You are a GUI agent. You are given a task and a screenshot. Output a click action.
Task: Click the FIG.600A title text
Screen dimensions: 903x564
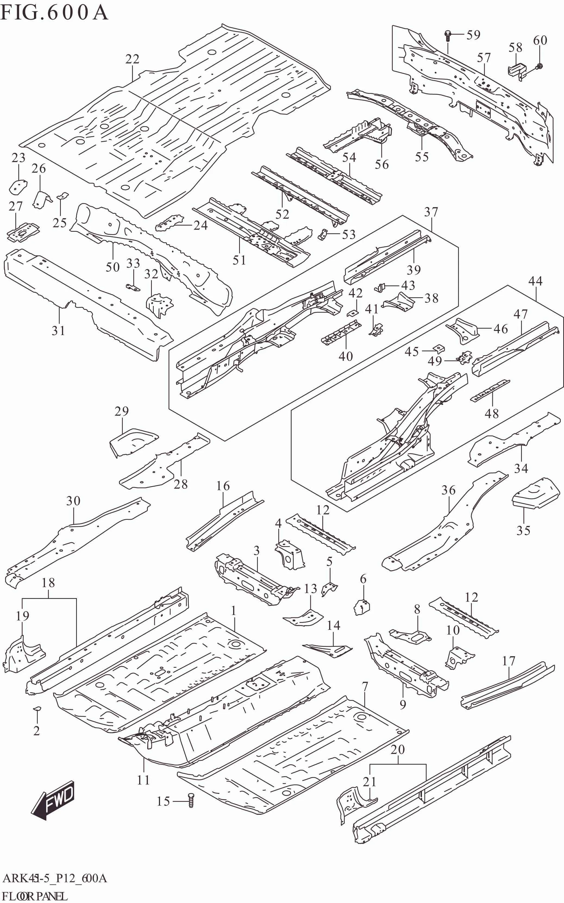pyautogui.click(x=54, y=13)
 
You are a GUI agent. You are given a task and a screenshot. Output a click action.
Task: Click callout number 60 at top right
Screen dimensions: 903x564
pyautogui.click(x=540, y=40)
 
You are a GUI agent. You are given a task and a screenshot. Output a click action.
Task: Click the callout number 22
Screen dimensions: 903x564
pyautogui.click(x=132, y=59)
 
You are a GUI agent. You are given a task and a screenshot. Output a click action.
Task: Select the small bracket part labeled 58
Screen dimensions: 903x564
pyautogui.click(x=517, y=70)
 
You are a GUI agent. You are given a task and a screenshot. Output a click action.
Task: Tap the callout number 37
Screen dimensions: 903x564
pyautogui.click(x=431, y=212)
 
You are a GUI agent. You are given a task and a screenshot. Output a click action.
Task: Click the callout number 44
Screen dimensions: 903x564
pyautogui.click(x=535, y=281)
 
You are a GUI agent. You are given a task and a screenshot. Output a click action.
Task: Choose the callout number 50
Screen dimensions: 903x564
pyautogui.click(x=112, y=267)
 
